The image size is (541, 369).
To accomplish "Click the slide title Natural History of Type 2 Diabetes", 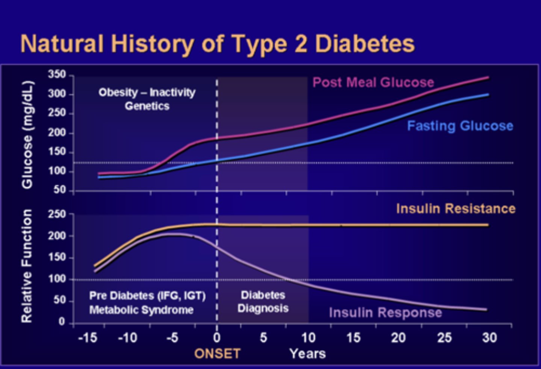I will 217,44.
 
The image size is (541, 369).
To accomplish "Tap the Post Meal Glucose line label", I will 373,82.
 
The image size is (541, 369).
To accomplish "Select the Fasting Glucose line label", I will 460,126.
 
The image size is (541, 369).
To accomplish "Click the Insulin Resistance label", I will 455,209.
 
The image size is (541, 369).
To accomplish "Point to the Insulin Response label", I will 385,313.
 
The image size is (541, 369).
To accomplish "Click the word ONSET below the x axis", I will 217,354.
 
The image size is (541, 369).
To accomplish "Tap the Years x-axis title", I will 307,354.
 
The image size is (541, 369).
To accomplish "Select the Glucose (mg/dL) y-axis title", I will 27,135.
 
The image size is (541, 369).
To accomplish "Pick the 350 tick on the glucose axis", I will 56,74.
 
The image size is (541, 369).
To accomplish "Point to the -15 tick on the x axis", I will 88,338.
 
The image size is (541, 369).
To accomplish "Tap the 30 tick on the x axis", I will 490,338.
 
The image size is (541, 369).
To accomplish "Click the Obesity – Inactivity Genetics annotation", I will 147,99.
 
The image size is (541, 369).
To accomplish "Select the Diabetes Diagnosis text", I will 263,302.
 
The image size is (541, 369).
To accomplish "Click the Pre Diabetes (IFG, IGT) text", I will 147,296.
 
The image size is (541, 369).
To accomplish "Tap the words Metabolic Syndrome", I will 141,310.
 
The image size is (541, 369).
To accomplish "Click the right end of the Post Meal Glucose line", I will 488,78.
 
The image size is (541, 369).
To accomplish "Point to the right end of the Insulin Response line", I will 487,310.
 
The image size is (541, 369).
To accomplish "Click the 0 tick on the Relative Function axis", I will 62,322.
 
